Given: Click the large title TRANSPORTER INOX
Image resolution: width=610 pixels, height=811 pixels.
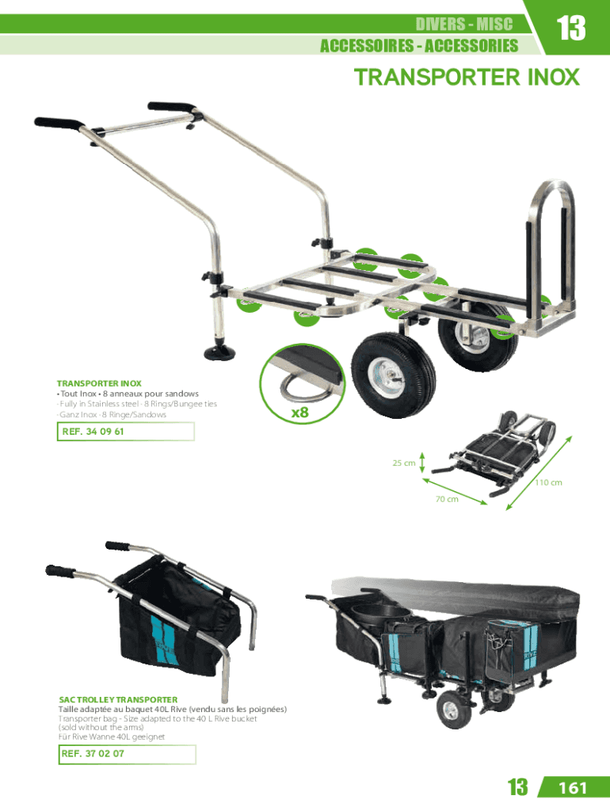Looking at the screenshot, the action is coord(467,77).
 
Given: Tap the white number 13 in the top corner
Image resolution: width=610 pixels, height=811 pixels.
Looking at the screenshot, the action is coord(570,28).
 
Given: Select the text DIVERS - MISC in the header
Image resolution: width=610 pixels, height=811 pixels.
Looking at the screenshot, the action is coord(464,24).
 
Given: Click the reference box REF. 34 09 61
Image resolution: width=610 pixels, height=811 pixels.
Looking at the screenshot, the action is coord(125,432).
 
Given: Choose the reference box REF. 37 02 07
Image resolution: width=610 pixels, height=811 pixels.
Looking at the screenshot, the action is coord(127,754).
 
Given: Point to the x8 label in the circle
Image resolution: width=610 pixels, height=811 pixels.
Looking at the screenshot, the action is coord(299,412).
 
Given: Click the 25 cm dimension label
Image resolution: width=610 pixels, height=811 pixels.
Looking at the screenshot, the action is coord(403,463).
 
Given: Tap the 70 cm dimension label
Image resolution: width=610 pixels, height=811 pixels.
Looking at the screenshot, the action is coord(447,499).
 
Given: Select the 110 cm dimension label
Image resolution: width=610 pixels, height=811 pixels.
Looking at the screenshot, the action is coord(548,482).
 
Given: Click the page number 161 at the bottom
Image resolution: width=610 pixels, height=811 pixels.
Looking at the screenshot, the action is coord(573,788).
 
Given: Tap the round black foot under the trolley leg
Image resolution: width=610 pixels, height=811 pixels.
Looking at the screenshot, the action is coord(219,352).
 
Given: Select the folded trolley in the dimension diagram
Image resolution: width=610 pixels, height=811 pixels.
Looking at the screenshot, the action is coord(494,453).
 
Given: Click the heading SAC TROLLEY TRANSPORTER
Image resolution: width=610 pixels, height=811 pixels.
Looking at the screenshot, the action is coord(118,700).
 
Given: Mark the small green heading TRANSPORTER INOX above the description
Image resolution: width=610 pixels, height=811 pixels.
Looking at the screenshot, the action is coord(99,383).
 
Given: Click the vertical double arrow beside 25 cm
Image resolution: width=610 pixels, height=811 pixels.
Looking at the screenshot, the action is coord(422,463).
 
